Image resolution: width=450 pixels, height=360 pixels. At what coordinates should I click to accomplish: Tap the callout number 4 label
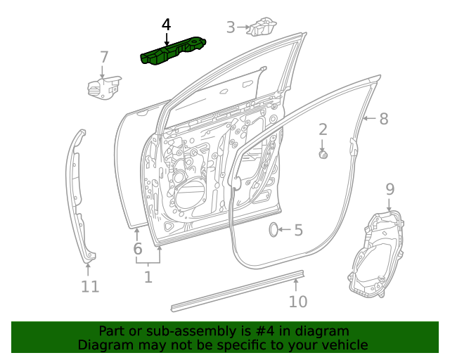pos(166,25)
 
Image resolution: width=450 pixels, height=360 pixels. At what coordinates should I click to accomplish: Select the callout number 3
pos(231,27)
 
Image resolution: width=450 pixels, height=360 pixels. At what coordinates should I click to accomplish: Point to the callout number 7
pos(104,57)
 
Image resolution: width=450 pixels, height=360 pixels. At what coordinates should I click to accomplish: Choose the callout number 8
pos(383,119)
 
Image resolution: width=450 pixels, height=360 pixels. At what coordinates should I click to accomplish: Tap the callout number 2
pos(323,129)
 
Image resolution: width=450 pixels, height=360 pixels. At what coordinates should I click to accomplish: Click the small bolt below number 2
pos(323,155)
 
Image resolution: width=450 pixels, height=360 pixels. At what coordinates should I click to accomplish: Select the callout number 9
pos(390,188)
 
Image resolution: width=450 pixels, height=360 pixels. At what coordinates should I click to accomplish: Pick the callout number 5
pos(298,230)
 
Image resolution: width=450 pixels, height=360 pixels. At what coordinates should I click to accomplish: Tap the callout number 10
pos(298,302)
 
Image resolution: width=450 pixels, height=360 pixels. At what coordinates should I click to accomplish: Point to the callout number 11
pos(89,287)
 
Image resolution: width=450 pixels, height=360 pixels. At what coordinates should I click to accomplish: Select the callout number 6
pos(138,248)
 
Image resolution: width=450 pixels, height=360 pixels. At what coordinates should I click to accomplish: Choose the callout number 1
pos(148,277)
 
